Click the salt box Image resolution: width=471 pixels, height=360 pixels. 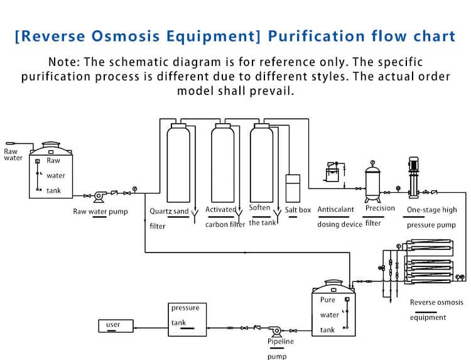[x=293, y=187]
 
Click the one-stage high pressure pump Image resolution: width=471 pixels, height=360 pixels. [x=414, y=176]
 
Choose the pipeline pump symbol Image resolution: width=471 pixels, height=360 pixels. [x=274, y=330]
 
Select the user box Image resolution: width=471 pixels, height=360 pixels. [x=116, y=325]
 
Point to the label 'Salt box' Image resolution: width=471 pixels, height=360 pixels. [x=298, y=210]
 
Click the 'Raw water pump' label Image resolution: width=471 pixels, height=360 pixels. [x=100, y=212]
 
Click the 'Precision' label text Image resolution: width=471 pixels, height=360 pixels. [x=380, y=209]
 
